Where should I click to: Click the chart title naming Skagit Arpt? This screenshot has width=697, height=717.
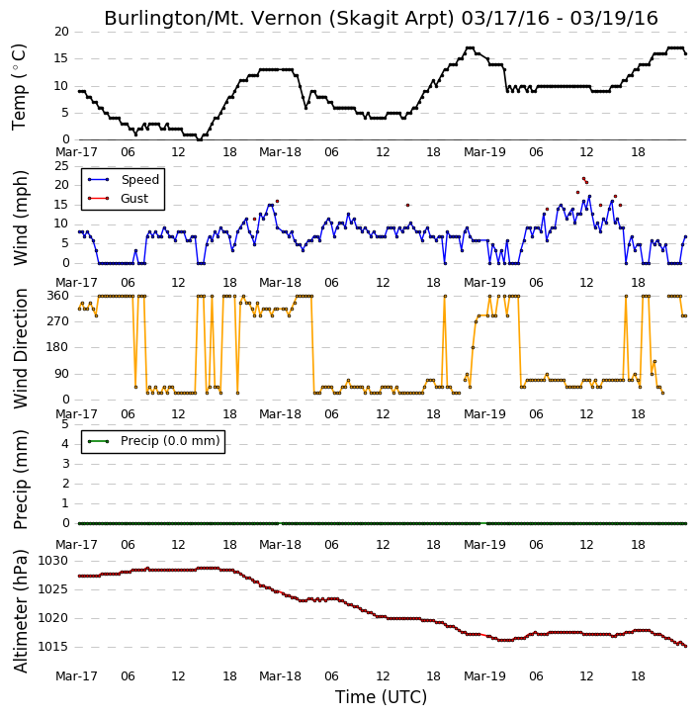[381, 18]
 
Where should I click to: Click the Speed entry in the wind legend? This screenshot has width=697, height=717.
[139, 180]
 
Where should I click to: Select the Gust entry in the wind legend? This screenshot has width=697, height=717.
[134, 199]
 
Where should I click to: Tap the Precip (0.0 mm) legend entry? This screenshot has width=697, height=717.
[170, 441]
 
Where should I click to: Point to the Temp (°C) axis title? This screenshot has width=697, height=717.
[19, 86]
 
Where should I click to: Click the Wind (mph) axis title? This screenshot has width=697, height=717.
[20, 218]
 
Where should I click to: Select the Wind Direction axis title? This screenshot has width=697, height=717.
[20, 348]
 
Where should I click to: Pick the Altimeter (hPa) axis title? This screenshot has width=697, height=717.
[20, 611]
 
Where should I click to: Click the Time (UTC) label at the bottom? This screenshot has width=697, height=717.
[381, 697]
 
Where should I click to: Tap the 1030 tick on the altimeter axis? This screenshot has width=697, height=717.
[52, 561]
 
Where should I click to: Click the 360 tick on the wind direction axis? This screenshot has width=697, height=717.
[58, 296]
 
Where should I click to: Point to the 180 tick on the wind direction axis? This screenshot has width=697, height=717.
[58, 347]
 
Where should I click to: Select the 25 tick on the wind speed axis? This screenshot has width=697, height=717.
[61, 165]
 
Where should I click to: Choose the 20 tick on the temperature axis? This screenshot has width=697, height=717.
[61, 32]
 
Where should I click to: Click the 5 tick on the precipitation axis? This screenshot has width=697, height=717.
[65, 424]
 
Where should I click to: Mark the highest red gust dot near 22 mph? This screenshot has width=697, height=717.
[583, 178]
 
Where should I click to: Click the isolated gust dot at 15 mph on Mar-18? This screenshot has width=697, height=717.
[407, 206]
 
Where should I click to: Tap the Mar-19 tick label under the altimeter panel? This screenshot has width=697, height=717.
[484, 676]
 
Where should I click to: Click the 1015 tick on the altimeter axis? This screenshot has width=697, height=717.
[52, 647]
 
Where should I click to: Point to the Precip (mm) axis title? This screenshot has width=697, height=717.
[20, 480]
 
